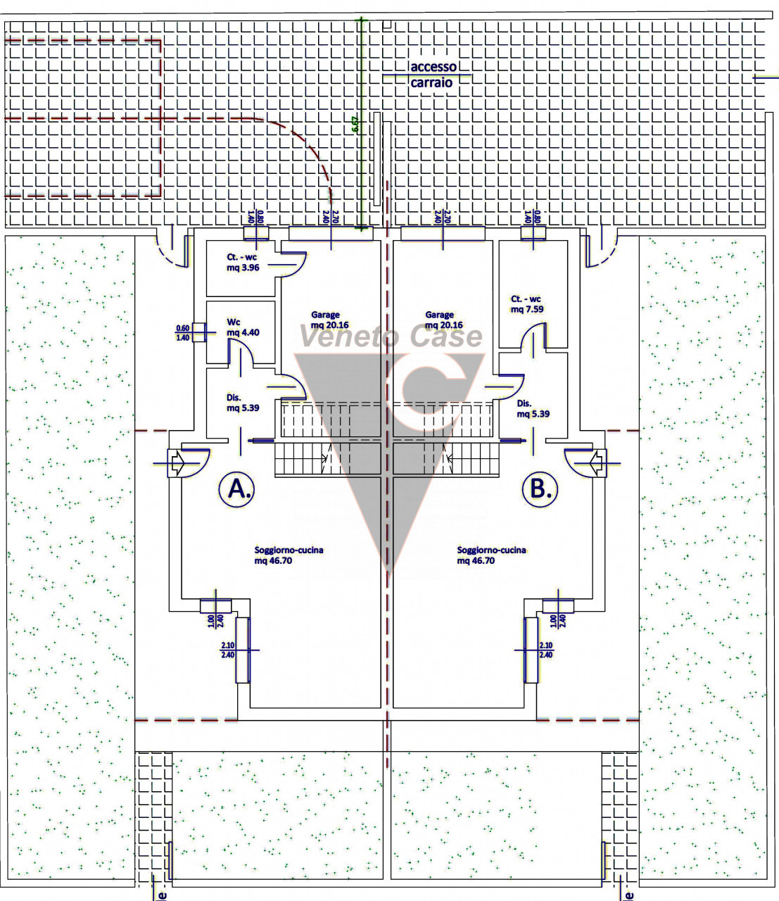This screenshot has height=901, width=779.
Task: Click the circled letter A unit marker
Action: [x=236, y=489]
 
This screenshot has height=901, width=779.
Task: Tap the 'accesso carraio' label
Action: [x=433, y=74]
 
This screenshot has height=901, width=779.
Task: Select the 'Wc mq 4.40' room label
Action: [x=243, y=327]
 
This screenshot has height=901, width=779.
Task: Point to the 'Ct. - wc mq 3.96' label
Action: [x=242, y=263]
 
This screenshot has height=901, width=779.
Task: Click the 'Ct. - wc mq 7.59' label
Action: [x=527, y=304]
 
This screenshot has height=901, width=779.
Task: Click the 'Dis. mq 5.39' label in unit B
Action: [x=533, y=409]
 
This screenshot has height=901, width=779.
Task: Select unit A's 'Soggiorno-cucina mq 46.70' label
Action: [x=289, y=555]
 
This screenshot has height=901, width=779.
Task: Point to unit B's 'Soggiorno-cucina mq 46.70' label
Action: [x=491, y=555]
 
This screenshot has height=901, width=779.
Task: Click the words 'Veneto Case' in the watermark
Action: [x=391, y=336]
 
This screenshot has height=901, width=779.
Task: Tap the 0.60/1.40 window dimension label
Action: [x=183, y=332]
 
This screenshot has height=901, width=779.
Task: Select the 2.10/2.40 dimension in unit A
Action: [x=228, y=650]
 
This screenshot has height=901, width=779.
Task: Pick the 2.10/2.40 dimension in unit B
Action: [x=546, y=650]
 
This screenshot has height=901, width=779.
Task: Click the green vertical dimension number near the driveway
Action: [x=355, y=127]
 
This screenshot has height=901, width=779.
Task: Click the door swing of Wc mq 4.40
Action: [x=239, y=349]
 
